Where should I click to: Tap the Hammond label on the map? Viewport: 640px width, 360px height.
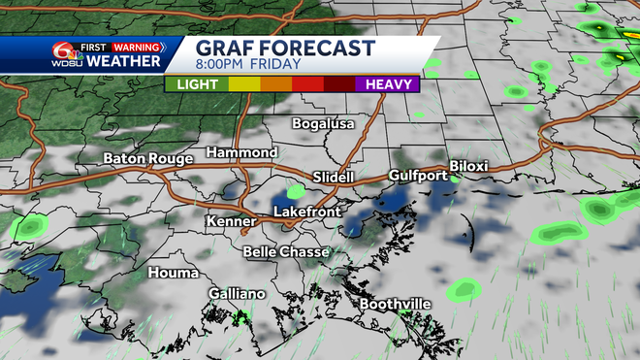point(241,153)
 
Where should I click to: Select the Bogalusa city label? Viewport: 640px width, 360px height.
point(324,124)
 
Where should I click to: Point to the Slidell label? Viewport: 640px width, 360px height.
point(336,177)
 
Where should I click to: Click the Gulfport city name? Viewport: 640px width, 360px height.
point(418,176)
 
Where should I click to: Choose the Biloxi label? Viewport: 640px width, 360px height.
point(468,166)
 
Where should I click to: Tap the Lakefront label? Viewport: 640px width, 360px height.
point(306,211)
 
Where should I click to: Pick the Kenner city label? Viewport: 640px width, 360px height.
point(230,222)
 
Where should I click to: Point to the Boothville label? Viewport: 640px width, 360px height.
point(396,305)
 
